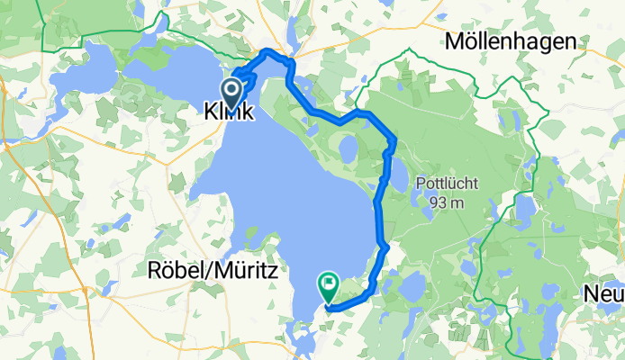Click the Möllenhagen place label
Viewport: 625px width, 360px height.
(512, 41)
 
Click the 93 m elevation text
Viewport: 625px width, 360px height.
(446, 202)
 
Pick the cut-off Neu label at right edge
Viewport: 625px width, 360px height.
(603, 294)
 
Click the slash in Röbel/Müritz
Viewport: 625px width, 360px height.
(208, 269)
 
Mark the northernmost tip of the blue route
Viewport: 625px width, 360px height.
(268, 52)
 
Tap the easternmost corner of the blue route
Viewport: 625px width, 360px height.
(394, 139)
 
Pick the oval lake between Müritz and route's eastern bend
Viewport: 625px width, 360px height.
(348, 148)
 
